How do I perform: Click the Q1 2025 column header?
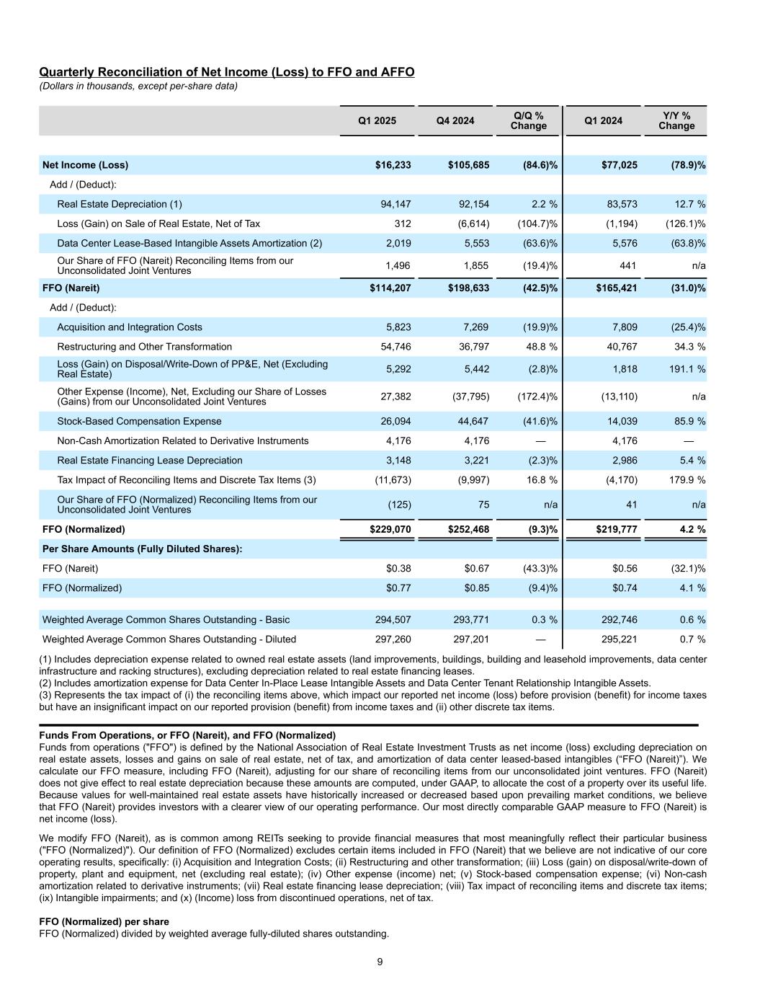tap(377, 120)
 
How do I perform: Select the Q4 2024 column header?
tap(455, 120)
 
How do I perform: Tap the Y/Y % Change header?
tap(676, 120)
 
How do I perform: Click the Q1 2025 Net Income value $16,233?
tap(393, 165)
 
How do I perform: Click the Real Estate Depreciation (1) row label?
tap(120, 204)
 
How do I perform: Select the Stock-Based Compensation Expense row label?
tap(139, 421)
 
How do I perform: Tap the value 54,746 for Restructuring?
tap(395, 347)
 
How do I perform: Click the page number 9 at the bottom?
tap(380, 962)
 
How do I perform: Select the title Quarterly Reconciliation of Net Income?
tap(226, 72)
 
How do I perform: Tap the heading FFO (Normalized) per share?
tap(104, 922)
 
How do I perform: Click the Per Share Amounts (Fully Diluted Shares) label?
tap(142, 549)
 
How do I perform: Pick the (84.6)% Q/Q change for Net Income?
tap(540, 165)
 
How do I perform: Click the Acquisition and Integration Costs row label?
tap(130, 327)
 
